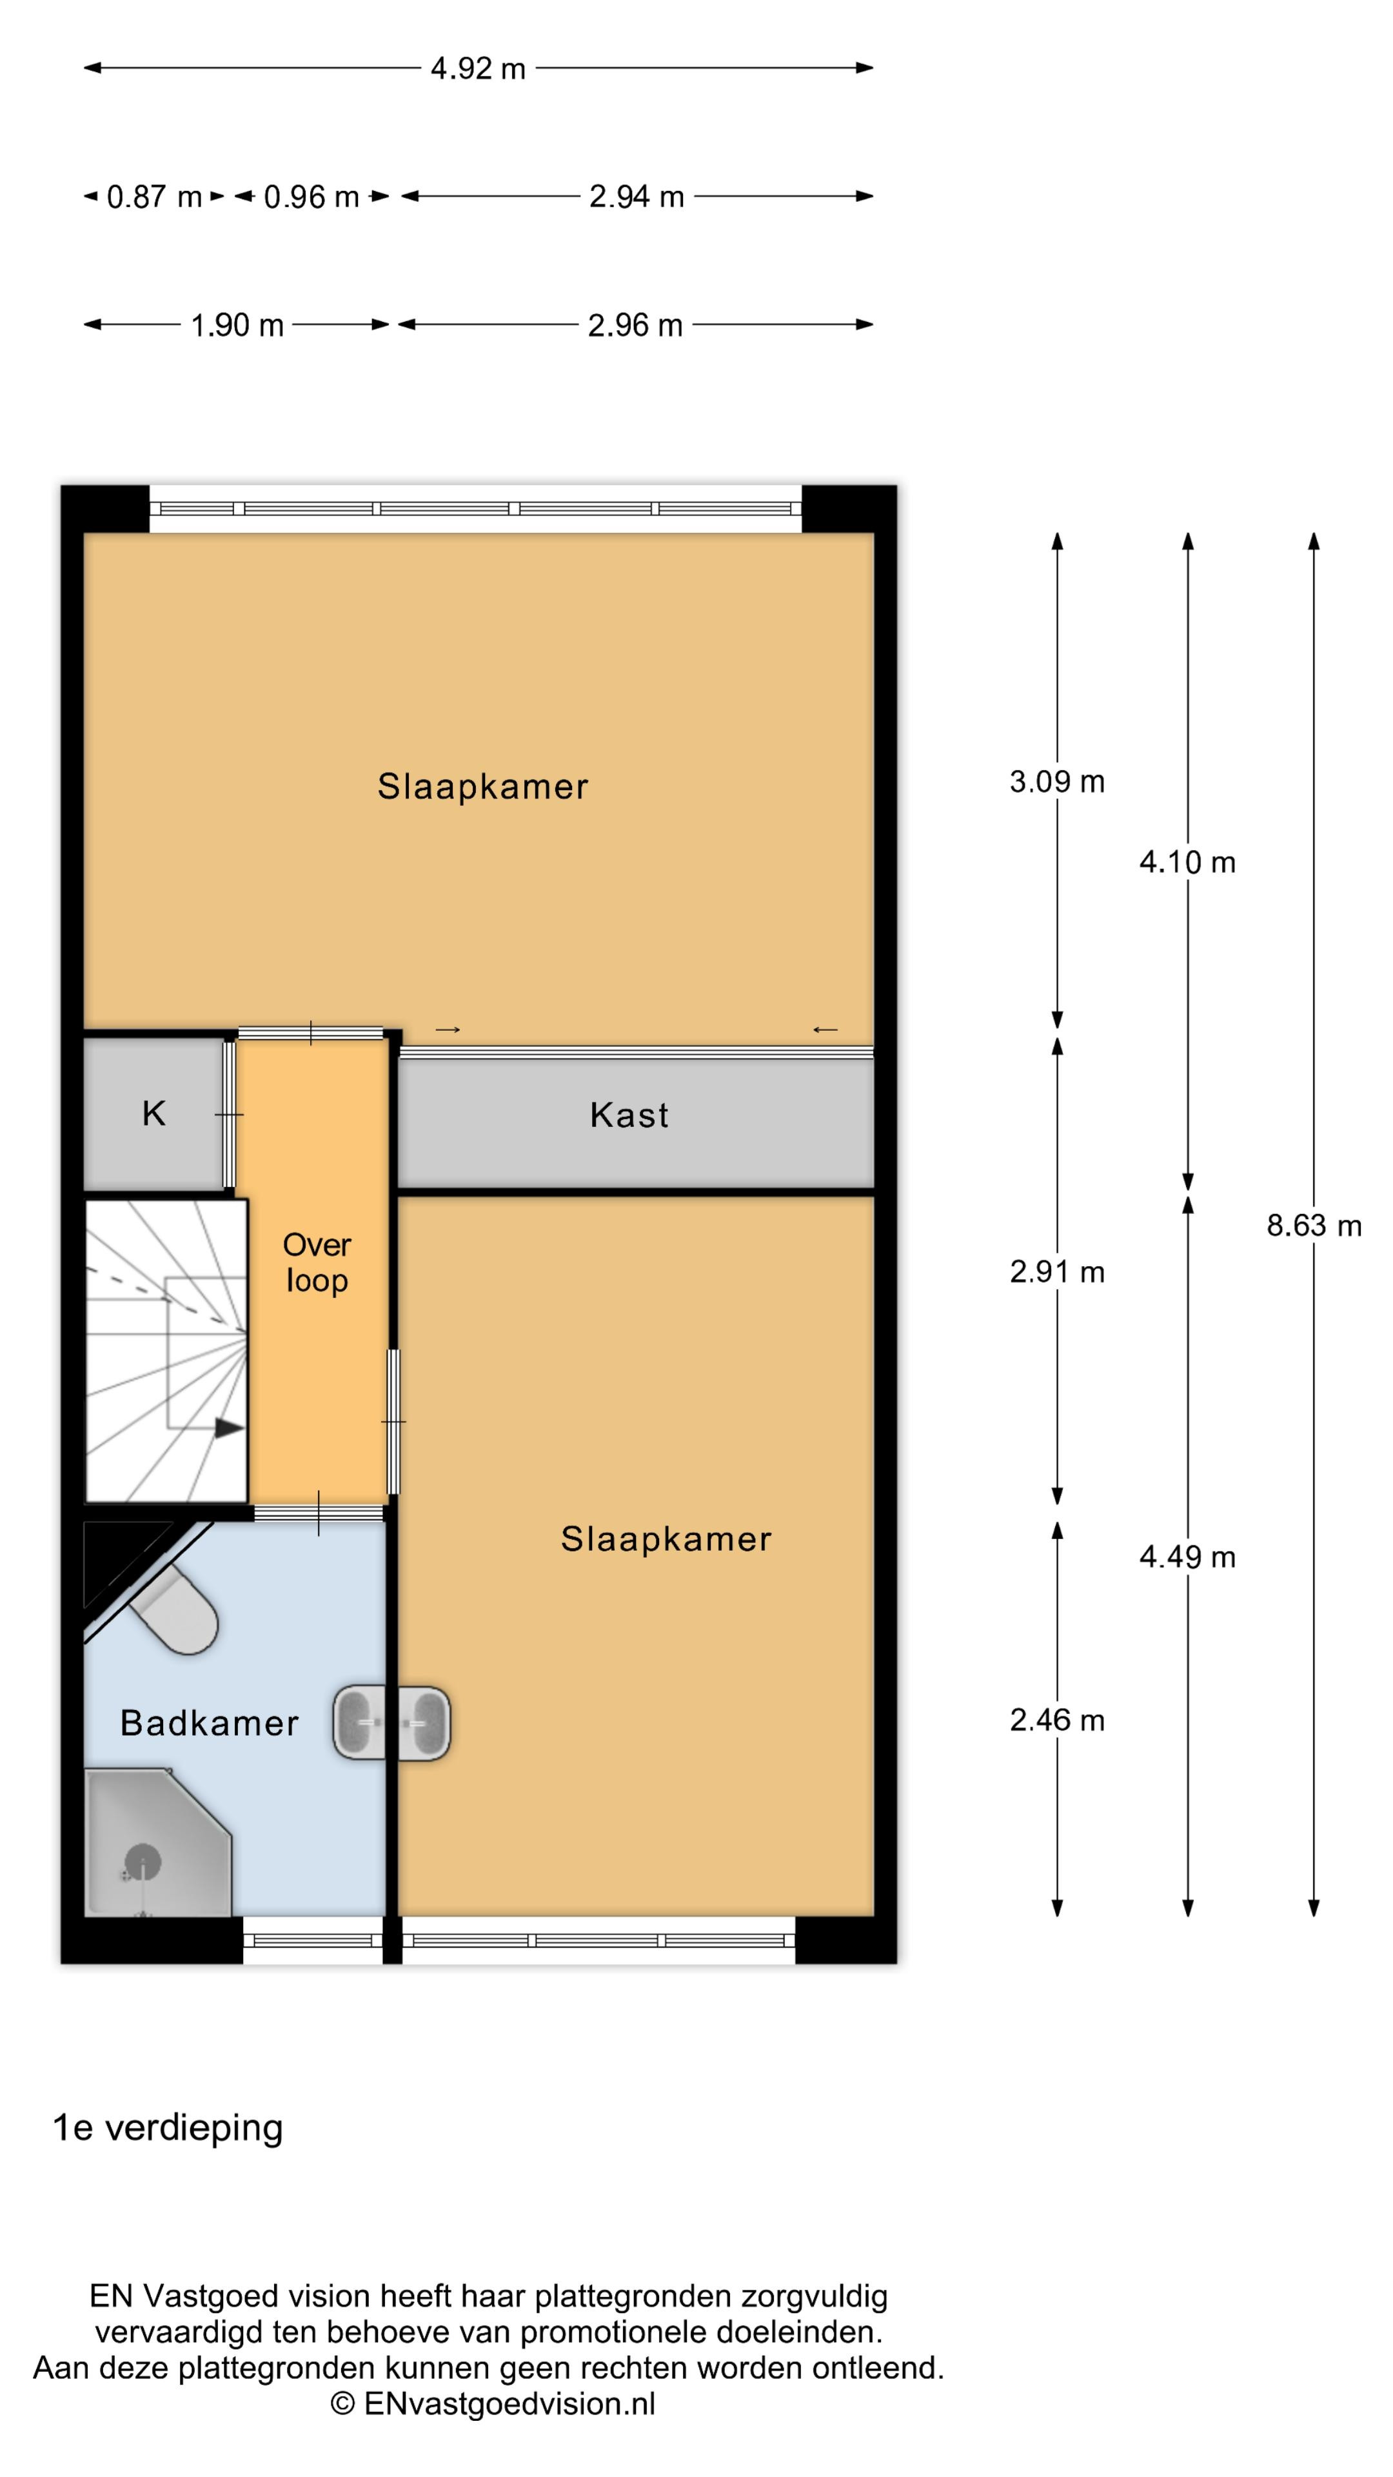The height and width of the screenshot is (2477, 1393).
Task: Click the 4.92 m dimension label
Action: (x=478, y=68)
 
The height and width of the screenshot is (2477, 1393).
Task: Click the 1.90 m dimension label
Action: (x=237, y=325)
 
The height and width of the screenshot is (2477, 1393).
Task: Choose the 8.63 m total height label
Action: (x=1313, y=1225)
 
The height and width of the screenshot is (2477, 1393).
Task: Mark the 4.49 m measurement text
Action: (x=1187, y=1556)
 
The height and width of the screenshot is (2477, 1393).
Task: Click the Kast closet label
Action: (x=629, y=1115)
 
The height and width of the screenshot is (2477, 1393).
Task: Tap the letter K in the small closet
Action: (x=154, y=1113)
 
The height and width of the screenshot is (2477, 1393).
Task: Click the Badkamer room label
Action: (x=210, y=1723)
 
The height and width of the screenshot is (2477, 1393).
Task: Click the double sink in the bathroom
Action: (x=391, y=1723)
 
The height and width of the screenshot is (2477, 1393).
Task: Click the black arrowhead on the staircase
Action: (x=229, y=1428)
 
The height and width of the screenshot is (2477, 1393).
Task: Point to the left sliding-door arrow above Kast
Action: (x=448, y=1030)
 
